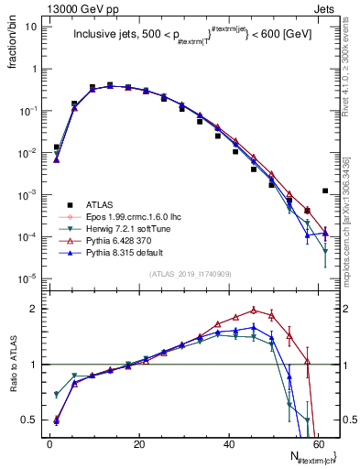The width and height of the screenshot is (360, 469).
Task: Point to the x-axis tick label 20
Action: coord(138,443)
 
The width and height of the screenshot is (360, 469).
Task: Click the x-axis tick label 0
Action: coord(49,443)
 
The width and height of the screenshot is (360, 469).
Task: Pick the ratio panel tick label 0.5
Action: coord(29,420)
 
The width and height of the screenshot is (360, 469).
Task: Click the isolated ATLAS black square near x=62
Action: coord(325,191)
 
